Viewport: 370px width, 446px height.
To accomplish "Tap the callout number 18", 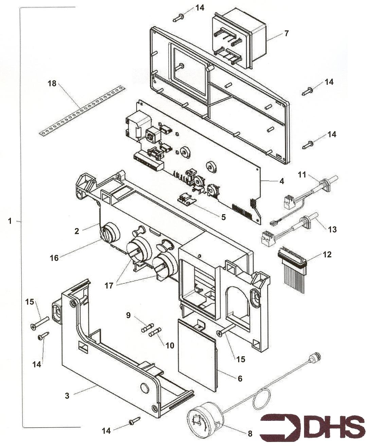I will click(x=52, y=83).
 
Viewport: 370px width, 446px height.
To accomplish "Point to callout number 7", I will click(x=286, y=33).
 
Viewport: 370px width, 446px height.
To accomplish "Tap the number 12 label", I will click(x=327, y=254).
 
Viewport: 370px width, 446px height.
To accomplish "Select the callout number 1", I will click(x=10, y=221).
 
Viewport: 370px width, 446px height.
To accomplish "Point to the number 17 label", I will click(x=109, y=286).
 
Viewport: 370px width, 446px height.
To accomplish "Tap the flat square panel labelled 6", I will click(x=197, y=354).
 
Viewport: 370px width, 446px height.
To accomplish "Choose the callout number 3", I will click(x=67, y=395).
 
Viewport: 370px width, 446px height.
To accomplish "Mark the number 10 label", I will click(x=170, y=345).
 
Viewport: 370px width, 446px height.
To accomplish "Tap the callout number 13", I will click(x=332, y=229).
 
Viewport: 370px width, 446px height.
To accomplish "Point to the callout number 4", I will click(x=282, y=181).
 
